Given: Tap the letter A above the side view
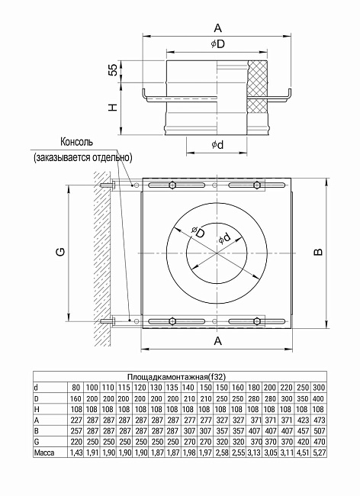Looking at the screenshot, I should pyautogui.click(x=217, y=28).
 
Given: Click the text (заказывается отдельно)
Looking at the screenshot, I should pyautogui.click(x=82, y=158).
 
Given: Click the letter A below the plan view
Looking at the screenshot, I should pyautogui.click(x=217, y=341).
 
